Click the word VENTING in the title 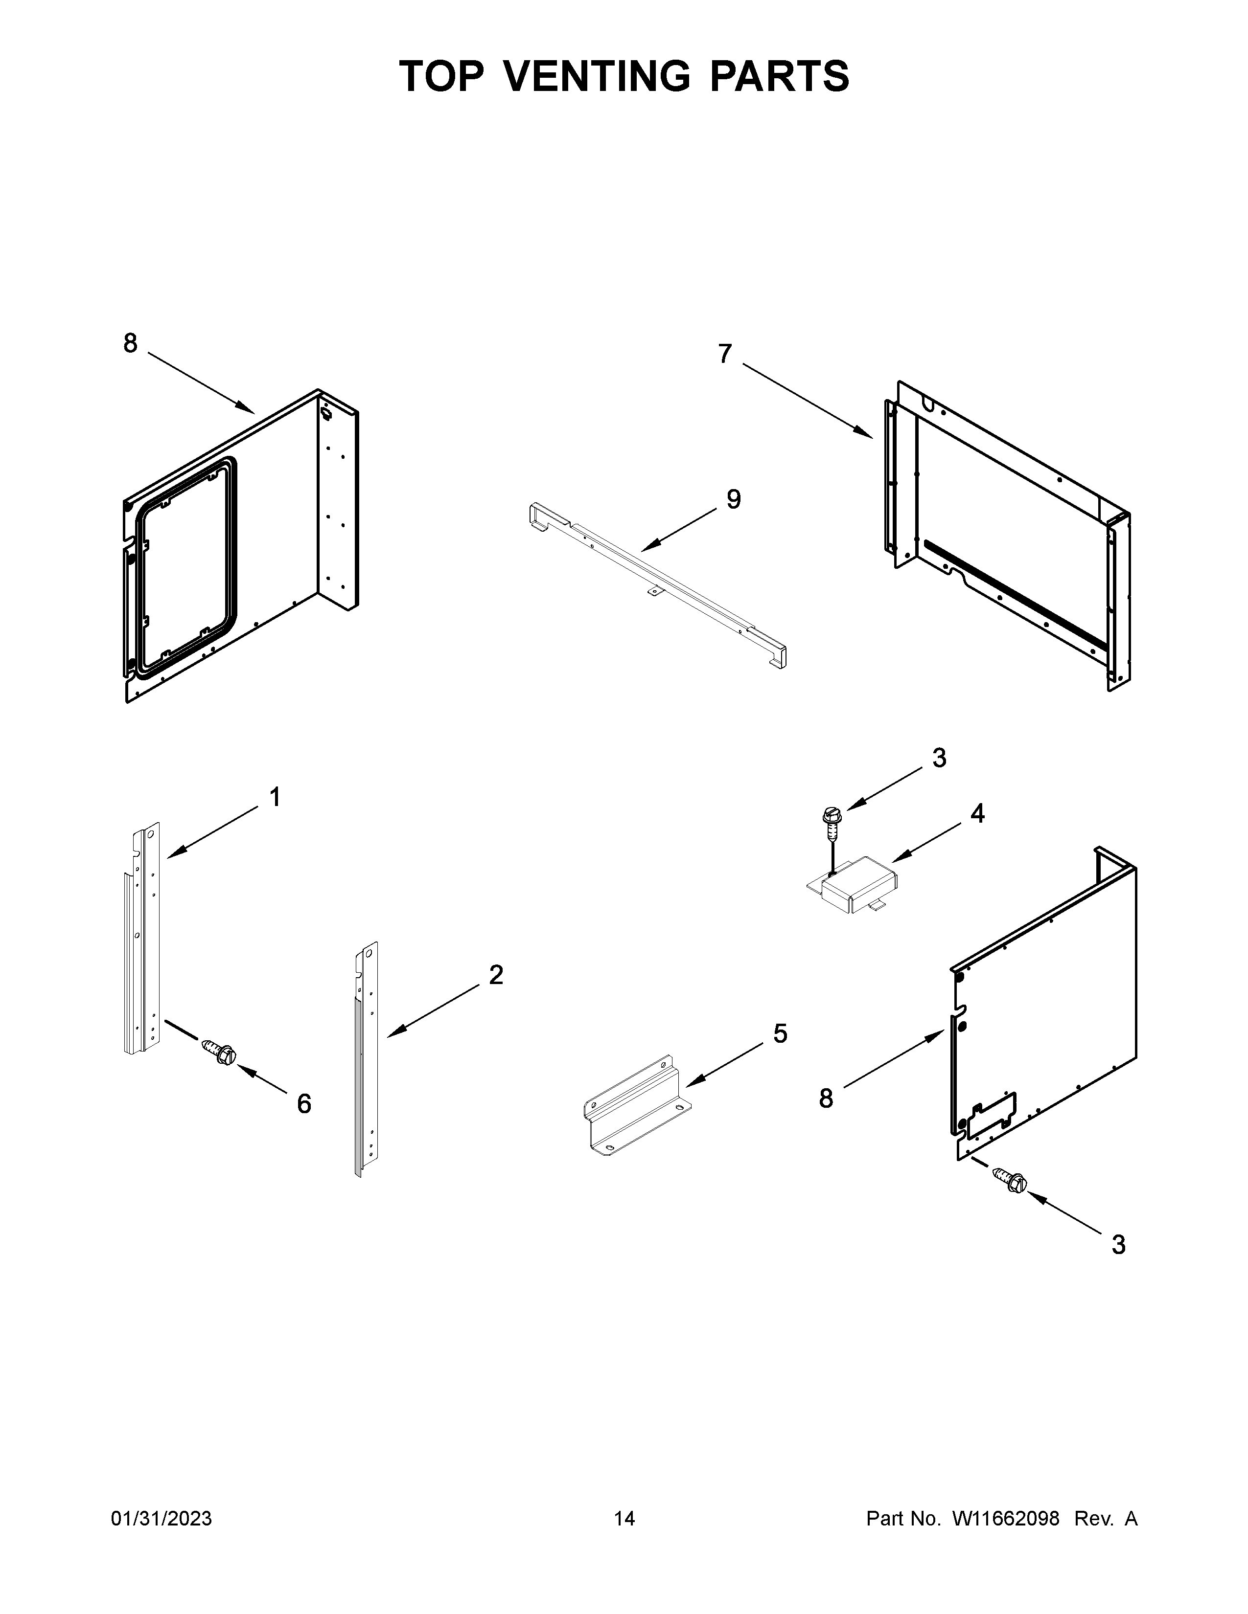tap(600, 76)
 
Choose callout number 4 tap(977, 814)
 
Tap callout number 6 tap(304, 1125)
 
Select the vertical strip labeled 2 tap(367, 1057)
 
